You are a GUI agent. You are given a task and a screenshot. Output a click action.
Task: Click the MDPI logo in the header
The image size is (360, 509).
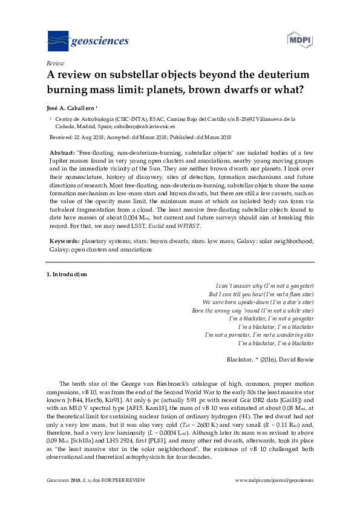tap(298, 41)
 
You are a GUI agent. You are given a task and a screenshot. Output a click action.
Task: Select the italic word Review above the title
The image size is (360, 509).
tap(55, 63)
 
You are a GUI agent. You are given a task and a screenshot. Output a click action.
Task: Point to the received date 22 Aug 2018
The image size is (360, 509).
tap(95, 138)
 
